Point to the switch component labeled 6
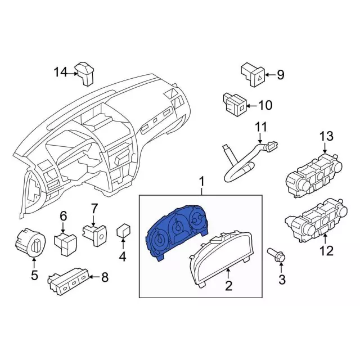[65, 241]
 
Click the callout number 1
[201, 182]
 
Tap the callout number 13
[326, 136]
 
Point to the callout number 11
[260, 128]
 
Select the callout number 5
[34, 275]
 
